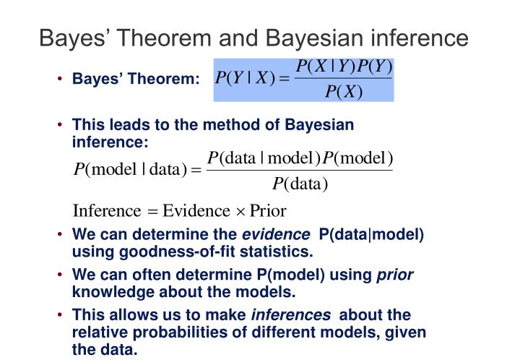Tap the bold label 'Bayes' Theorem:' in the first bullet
pyautogui.click(x=136, y=79)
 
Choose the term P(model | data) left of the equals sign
pyautogui.click(x=131, y=171)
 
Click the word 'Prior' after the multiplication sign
pyautogui.click(x=268, y=211)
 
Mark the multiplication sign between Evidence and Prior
pyautogui.click(x=240, y=212)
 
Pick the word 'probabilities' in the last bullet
pyautogui.click(x=173, y=332)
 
